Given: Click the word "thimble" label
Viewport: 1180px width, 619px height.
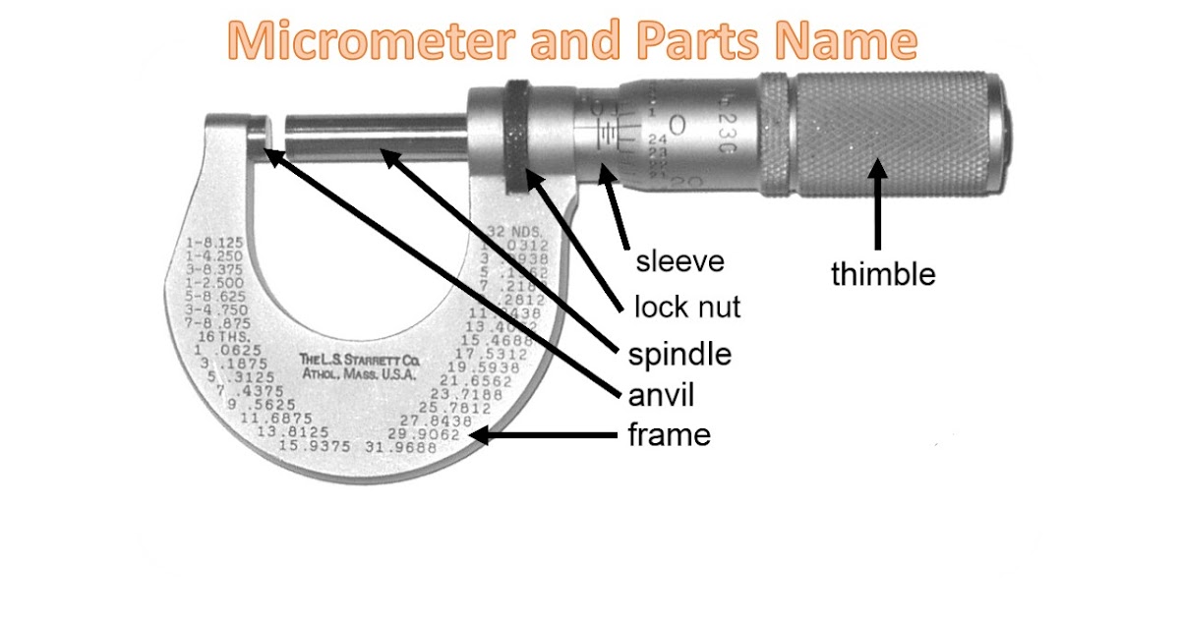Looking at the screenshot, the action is (x=882, y=273).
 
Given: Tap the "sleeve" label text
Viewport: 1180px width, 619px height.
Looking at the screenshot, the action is (x=679, y=261).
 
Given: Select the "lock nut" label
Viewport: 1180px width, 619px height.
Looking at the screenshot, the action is (x=686, y=308).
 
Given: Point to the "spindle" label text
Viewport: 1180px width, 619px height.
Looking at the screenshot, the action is (x=679, y=353).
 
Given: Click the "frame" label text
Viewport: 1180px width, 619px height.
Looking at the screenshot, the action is (x=669, y=433).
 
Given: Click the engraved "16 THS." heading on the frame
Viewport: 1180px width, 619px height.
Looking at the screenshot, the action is (x=215, y=336).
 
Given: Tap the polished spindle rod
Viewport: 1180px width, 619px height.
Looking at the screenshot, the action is (x=374, y=139).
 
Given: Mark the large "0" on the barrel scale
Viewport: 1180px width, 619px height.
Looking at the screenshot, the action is (x=677, y=125).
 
